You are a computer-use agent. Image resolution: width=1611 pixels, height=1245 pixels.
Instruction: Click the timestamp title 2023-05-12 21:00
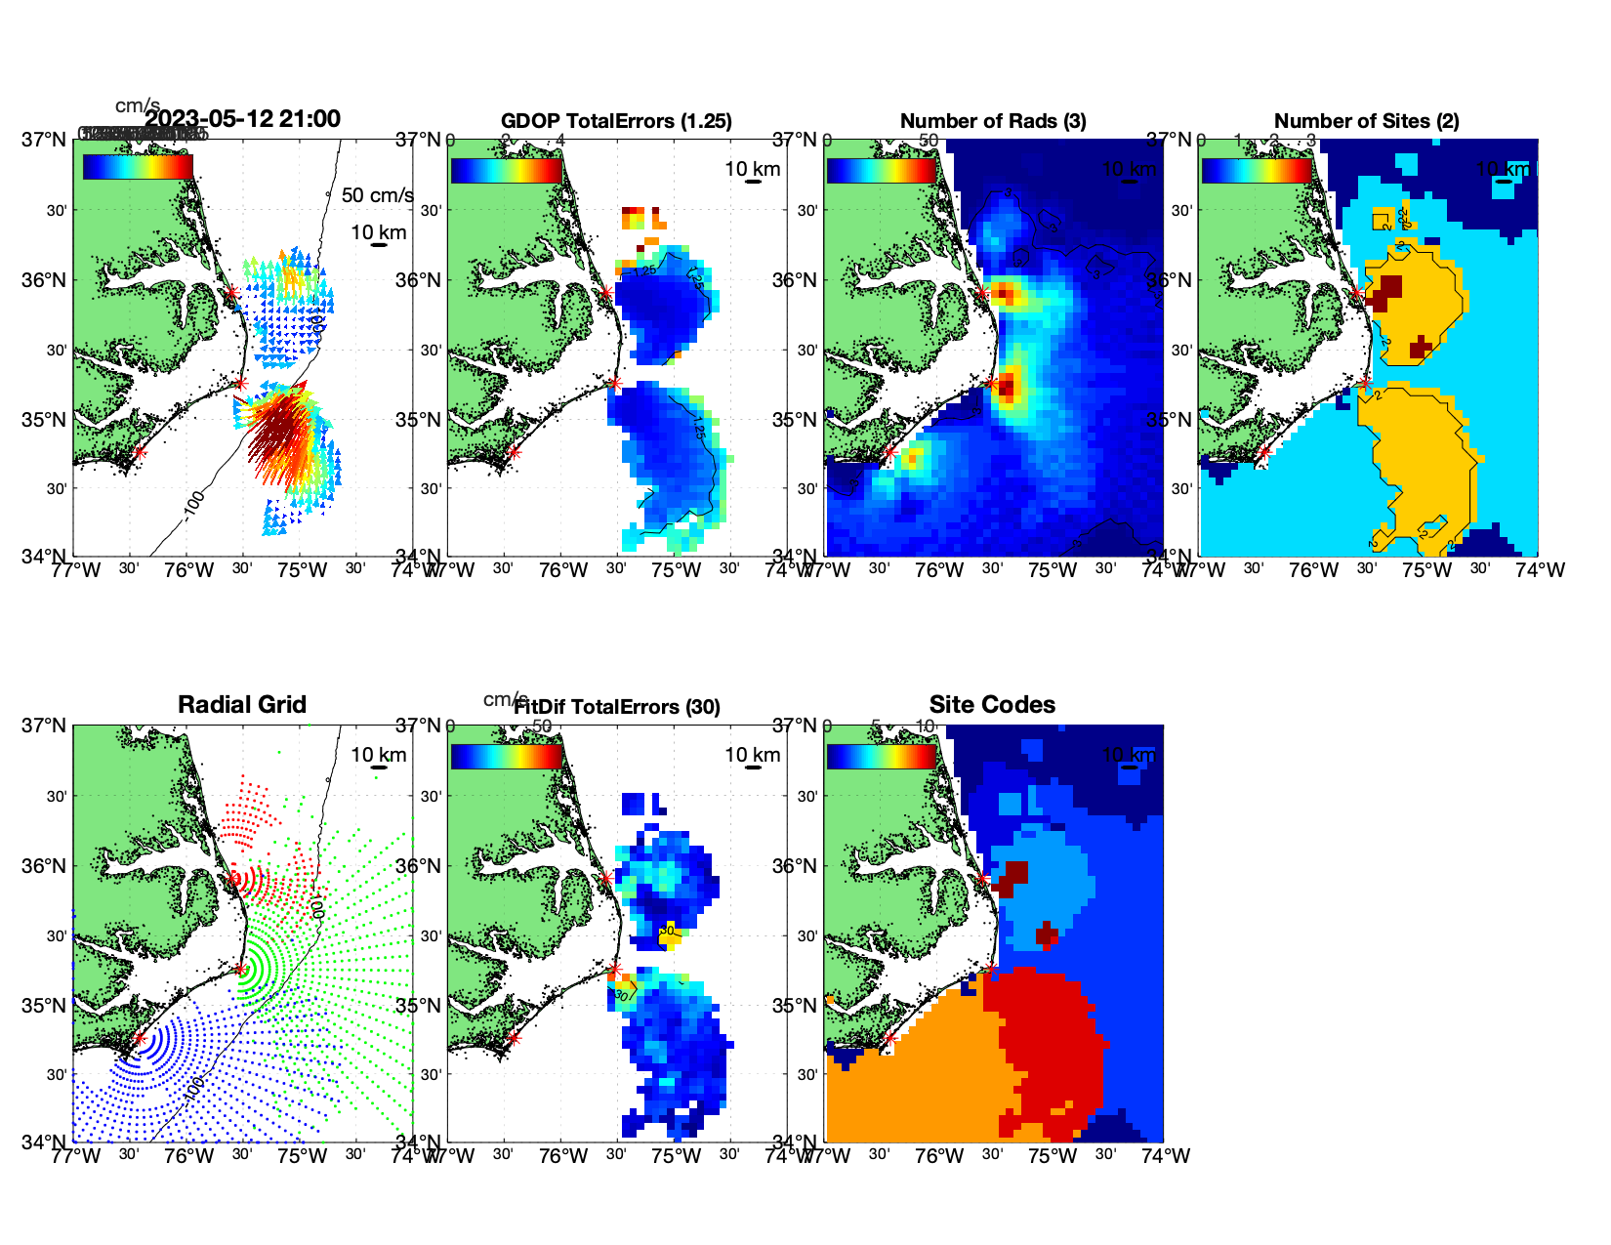point(243,119)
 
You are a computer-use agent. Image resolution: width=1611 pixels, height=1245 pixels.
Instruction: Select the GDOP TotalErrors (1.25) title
point(616,121)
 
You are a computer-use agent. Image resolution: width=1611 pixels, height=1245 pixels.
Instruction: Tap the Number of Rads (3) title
point(993,121)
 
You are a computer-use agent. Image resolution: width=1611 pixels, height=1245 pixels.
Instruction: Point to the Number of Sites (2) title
point(1366,121)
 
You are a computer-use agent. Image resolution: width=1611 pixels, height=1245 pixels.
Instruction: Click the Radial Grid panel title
point(242,705)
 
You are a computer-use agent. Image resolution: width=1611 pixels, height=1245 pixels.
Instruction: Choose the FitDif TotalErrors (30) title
point(617,707)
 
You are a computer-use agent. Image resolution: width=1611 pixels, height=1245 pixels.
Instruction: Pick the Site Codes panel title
point(992,705)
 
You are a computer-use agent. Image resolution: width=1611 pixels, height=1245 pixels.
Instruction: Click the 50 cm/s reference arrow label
point(377,195)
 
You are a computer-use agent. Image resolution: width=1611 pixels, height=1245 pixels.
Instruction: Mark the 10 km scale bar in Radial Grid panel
point(379,768)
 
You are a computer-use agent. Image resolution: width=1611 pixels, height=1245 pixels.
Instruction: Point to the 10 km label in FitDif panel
point(752,755)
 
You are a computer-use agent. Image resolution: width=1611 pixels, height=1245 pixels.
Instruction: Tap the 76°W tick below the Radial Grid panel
point(188,1156)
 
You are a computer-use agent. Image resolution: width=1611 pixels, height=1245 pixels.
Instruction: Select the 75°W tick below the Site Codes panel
point(1053,1156)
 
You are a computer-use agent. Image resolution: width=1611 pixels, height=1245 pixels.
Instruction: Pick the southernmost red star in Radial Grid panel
point(139,1039)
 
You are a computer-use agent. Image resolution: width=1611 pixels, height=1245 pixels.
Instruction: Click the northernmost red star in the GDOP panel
point(606,293)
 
